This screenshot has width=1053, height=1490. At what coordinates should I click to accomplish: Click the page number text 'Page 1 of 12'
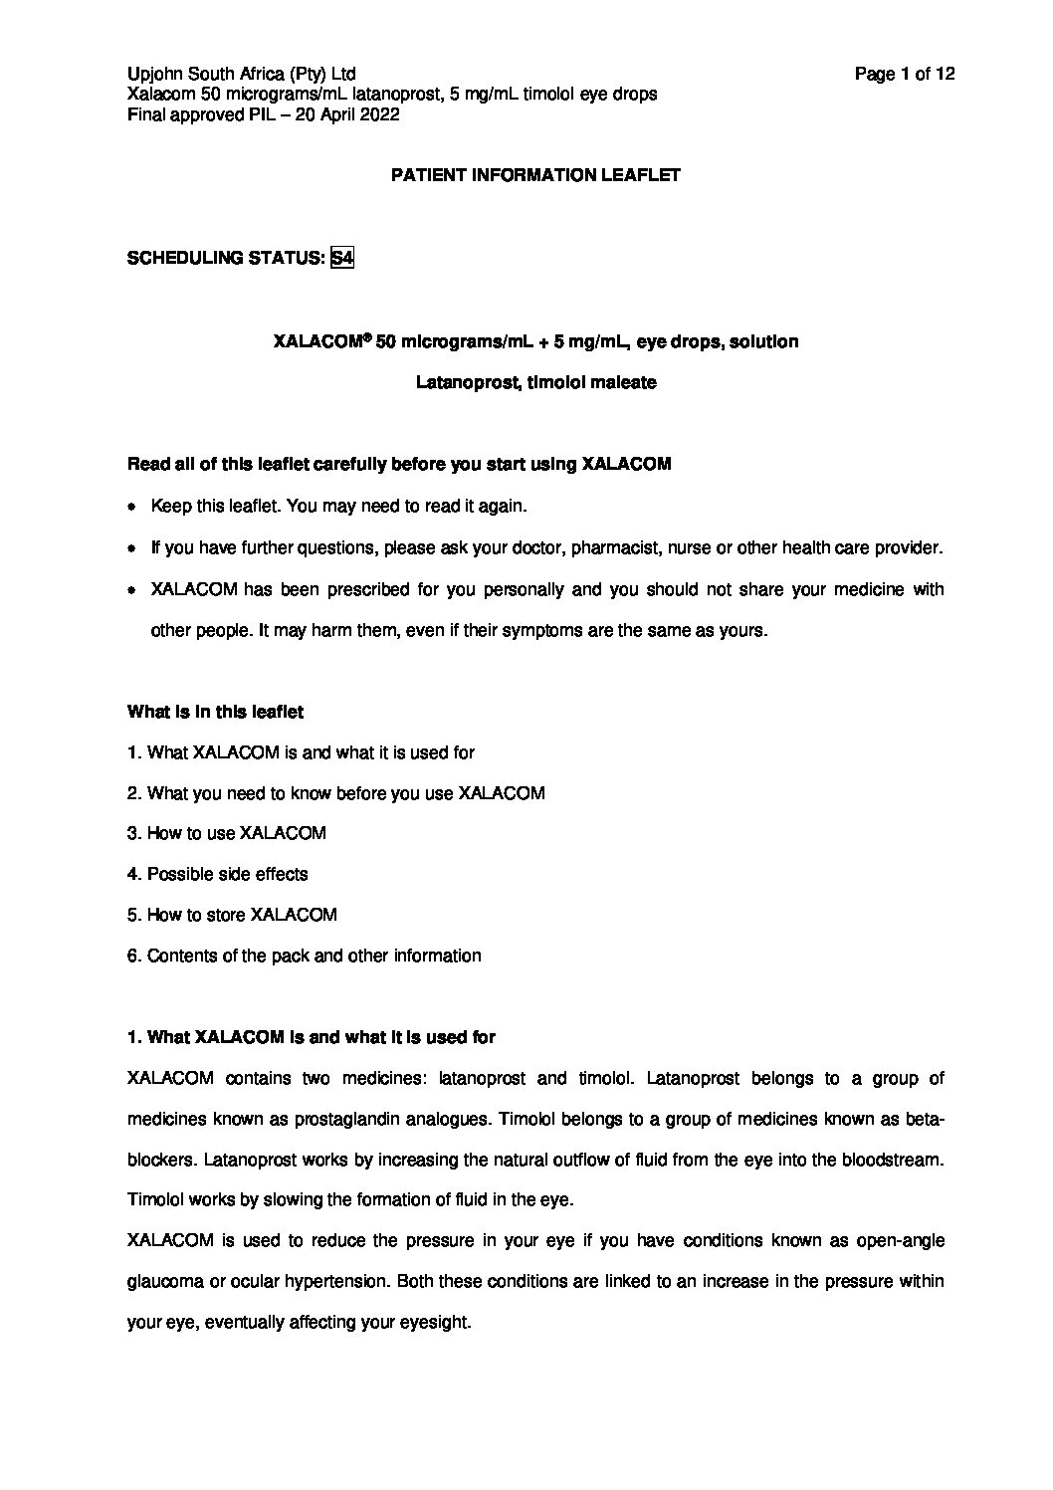tap(905, 74)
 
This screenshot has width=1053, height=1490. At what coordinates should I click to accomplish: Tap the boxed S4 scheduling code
tap(342, 258)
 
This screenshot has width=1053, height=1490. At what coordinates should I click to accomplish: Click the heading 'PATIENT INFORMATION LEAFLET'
tap(535, 175)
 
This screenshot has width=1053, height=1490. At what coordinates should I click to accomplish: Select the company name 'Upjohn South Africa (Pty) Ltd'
tap(242, 74)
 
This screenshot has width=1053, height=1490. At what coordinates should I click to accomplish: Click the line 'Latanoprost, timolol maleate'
tap(535, 382)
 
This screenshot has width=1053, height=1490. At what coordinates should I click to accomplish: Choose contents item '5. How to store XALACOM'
tap(232, 915)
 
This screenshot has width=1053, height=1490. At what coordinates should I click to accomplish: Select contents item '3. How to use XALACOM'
tap(227, 833)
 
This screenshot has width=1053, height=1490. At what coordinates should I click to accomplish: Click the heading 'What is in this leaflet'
tap(216, 712)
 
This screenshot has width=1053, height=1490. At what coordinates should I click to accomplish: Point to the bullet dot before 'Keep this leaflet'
tap(132, 507)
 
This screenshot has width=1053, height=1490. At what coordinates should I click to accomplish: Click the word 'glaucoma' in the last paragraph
tap(165, 1282)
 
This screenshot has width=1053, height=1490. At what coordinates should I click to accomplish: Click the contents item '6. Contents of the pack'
tap(304, 956)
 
